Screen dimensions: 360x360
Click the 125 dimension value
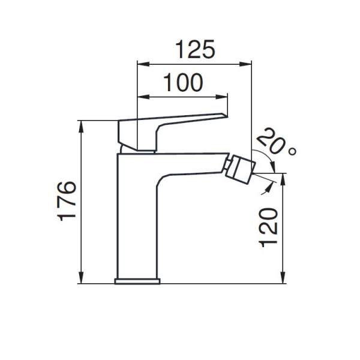coord(195,49)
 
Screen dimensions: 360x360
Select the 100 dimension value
coord(183,82)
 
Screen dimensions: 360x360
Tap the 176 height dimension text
coord(67,201)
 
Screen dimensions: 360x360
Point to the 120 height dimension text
coord(268,227)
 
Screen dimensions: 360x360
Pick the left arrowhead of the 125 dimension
coord(143,64)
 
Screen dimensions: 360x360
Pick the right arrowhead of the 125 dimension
coord(245,64)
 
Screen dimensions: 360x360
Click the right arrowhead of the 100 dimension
coord(221,97)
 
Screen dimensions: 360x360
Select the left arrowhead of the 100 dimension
coord(143,97)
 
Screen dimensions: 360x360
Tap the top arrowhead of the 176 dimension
coord(81,127)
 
